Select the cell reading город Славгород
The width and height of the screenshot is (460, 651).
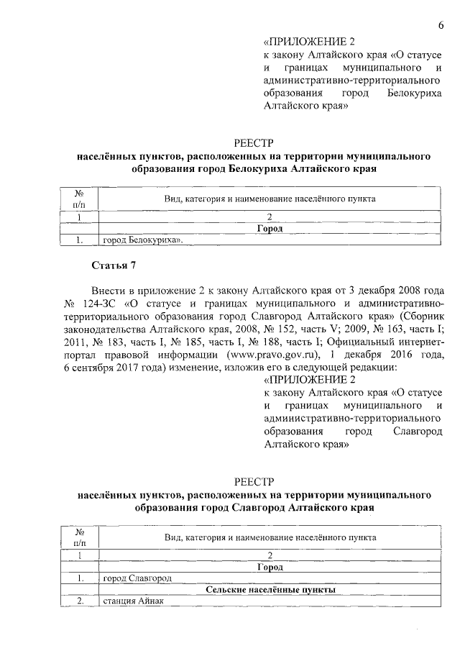coord(137,578)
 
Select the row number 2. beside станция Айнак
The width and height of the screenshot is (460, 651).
coord(81,602)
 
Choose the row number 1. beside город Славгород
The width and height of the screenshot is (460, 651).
coord(81,578)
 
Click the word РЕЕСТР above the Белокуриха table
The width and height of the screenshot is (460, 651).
coord(254,142)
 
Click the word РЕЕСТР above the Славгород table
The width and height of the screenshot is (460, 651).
coord(254,481)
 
